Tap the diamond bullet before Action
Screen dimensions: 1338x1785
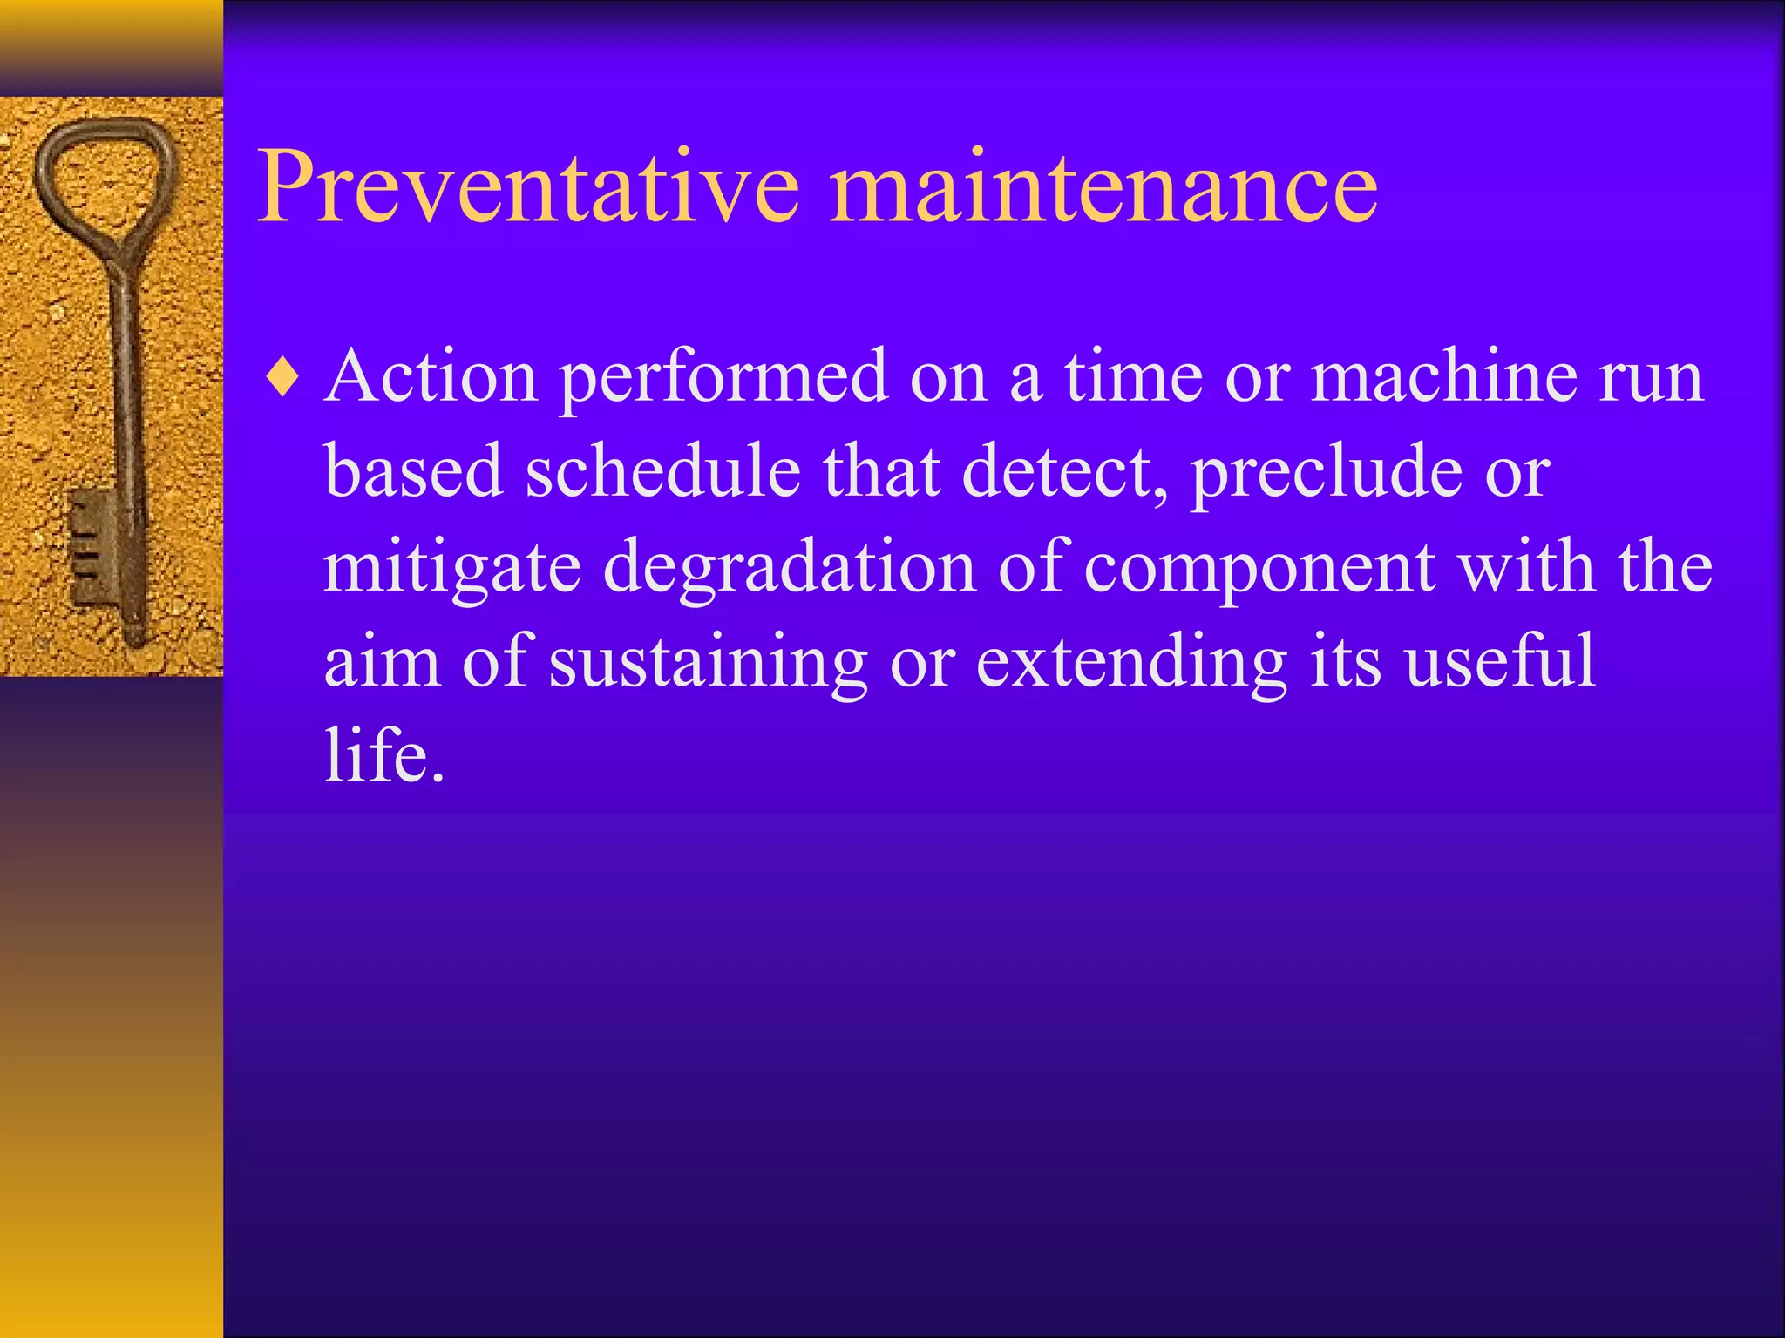284,379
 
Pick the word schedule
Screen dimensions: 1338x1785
662,471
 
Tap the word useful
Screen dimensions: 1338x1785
1499,660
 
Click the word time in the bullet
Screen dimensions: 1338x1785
1133,377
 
